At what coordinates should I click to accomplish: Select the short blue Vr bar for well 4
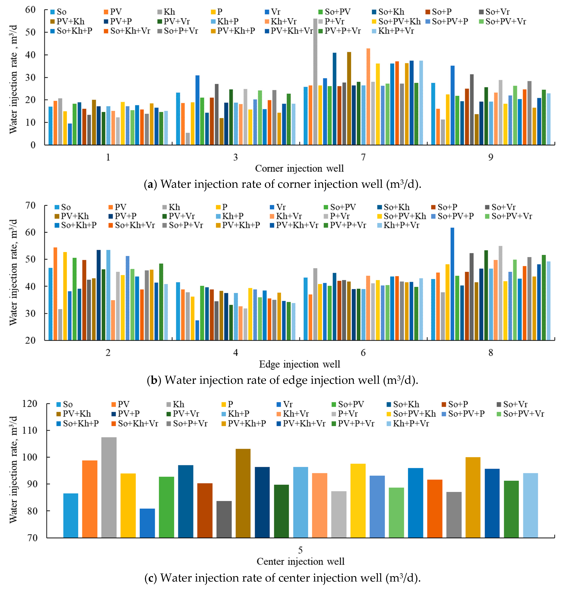point(197,330)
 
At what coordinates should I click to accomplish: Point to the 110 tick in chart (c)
point(30,430)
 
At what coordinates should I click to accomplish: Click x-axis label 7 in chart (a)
point(363,157)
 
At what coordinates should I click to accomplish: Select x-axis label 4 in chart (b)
point(235,353)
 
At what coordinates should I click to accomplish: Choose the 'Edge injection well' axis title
point(299,364)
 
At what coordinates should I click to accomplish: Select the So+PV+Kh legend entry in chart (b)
point(404,216)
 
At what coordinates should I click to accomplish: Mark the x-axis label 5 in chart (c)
point(300,550)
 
